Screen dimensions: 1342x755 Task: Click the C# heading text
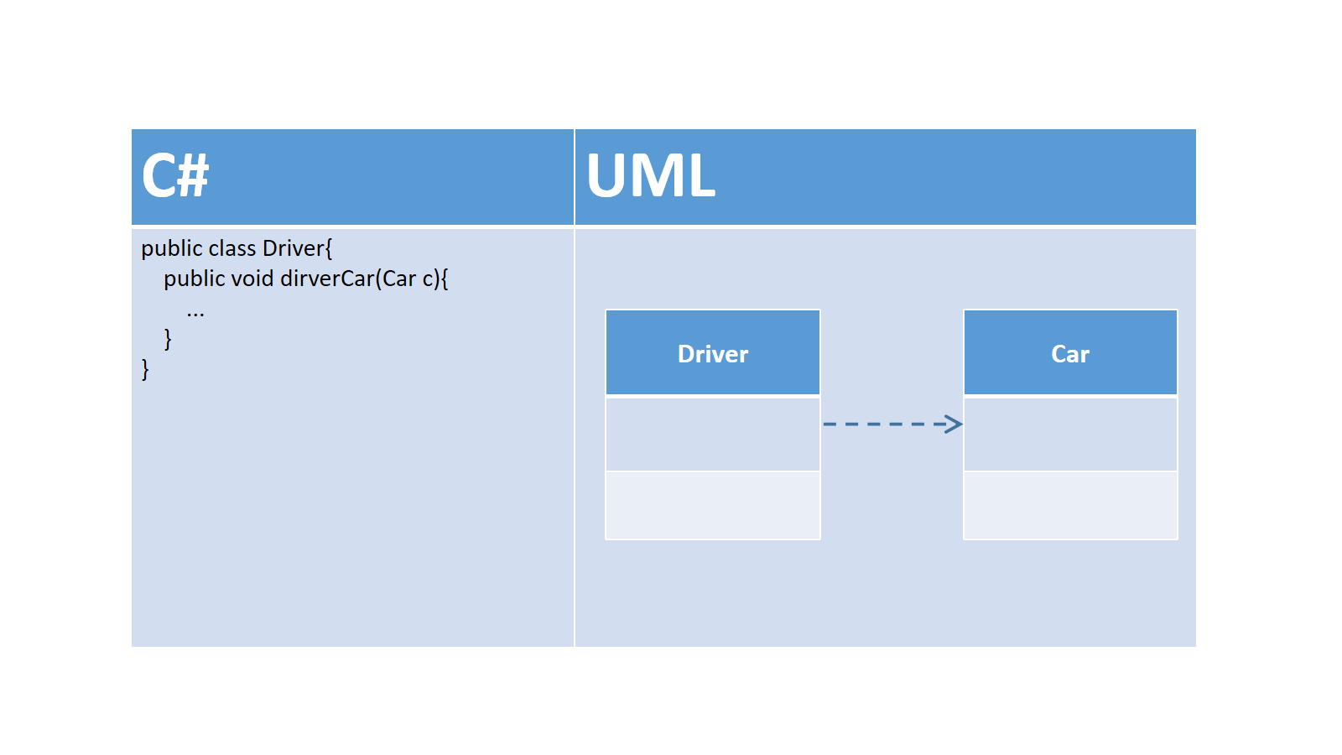(175, 175)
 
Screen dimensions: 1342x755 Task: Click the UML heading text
(651, 175)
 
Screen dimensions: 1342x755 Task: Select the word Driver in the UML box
(713, 354)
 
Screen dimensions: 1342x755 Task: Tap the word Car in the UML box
(1070, 354)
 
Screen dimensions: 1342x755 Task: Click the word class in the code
(232, 248)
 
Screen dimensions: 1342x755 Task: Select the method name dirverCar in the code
(328, 279)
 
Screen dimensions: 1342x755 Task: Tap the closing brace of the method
(168, 339)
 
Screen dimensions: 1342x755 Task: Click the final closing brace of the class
(145, 369)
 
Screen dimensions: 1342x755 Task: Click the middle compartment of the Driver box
(713, 434)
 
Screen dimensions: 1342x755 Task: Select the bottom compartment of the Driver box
(713, 505)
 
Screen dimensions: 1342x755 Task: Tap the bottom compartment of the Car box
(1070, 505)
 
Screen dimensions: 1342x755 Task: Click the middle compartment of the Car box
(1070, 434)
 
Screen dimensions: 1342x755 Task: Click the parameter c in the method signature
(428, 279)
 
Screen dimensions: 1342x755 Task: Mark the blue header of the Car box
(1070, 352)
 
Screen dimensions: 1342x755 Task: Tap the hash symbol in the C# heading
(193, 175)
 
